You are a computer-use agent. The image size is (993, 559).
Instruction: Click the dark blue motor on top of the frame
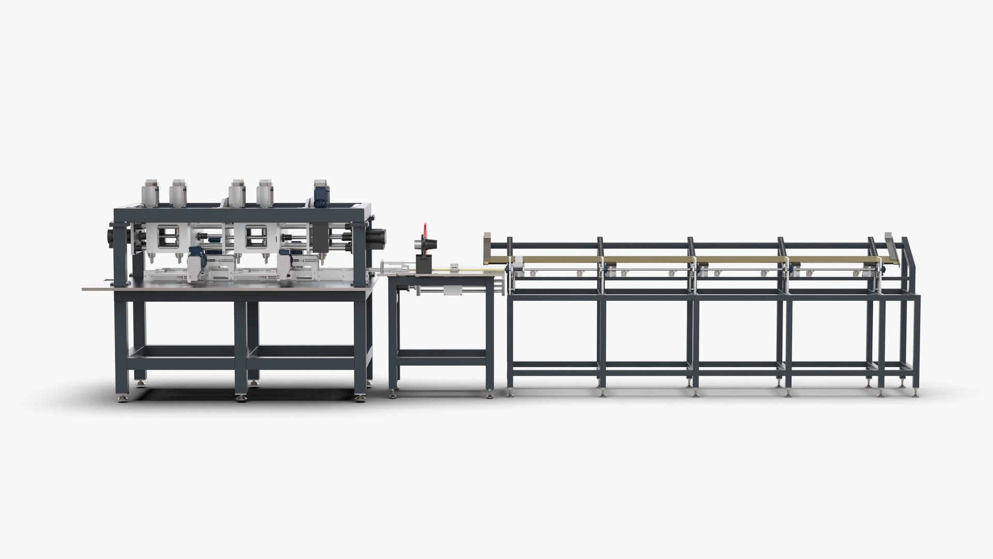click(321, 194)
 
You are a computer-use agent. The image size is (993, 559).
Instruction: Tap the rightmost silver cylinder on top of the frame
click(265, 192)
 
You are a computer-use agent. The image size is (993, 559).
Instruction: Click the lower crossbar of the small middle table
click(442, 355)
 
